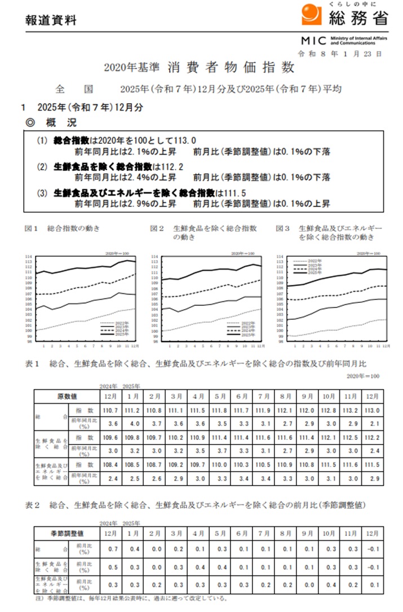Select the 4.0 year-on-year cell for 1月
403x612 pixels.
pyautogui.click(x=135, y=423)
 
